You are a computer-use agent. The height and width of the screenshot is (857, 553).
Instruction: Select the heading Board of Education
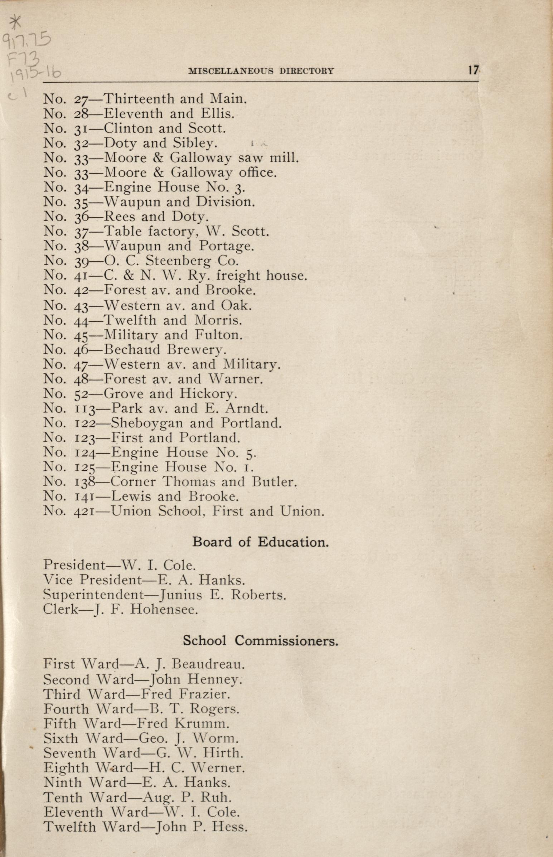pyautogui.click(x=260, y=541)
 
